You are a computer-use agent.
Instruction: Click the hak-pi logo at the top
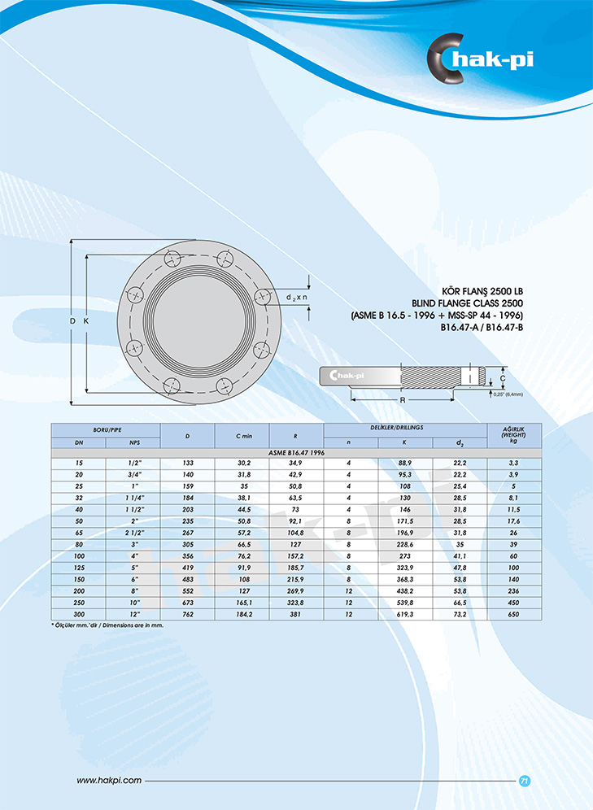click(x=480, y=59)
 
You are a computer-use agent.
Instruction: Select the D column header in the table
click(x=188, y=436)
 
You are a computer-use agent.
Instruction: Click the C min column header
click(x=244, y=436)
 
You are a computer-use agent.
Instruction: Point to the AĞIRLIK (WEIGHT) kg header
click(x=514, y=435)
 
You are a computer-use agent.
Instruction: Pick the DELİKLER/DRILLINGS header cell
click(x=405, y=429)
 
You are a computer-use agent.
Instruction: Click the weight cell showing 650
click(x=513, y=614)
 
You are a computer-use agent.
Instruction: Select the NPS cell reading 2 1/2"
click(x=133, y=533)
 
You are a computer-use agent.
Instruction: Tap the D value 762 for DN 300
click(x=188, y=614)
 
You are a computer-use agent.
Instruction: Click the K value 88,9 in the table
click(x=405, y=463)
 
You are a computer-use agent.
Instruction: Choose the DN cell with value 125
click(x=79, y=568)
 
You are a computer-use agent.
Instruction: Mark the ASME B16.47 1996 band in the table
click(x=296, y=452)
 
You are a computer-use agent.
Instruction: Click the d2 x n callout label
click(x=296, y=298)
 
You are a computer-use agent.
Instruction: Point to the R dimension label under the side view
click(x=403, y=400)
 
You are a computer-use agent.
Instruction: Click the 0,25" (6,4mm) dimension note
click(x=508, y=394)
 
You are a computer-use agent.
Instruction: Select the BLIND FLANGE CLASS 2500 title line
click(x=467, y=303)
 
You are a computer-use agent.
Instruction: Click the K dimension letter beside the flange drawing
click(x=86, y=320)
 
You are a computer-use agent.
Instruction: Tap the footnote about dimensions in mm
click(x=107, y=625)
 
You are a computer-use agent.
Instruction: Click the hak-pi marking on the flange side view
click(x=347, y=375)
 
